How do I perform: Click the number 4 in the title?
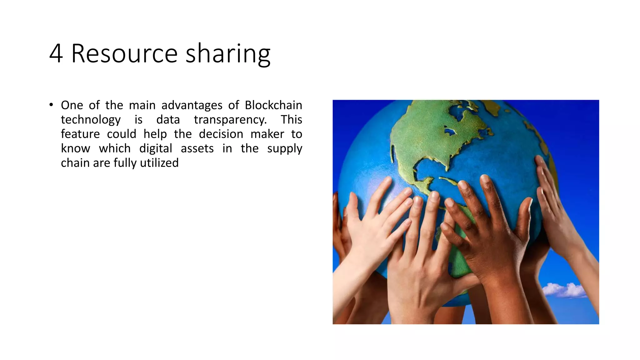(56, 54)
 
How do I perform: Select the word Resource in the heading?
(125, 54)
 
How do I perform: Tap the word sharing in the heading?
(228, 54)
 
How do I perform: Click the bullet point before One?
(51, 105)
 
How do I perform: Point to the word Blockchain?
(273, 105)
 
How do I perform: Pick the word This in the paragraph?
(291, 120)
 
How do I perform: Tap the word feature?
(80, 134)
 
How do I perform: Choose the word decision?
(221, 134)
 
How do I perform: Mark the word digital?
(156, 148)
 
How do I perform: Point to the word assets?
(197, 148)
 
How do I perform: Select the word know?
(75, 148)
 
